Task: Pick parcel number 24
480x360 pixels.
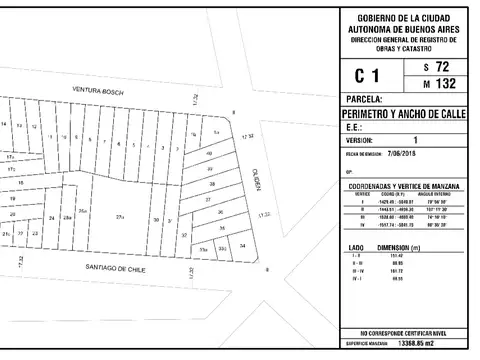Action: tap(51, 217)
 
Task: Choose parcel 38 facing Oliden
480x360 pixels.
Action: tap(211, 185)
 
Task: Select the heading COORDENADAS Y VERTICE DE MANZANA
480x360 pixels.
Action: tap(398, 187)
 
